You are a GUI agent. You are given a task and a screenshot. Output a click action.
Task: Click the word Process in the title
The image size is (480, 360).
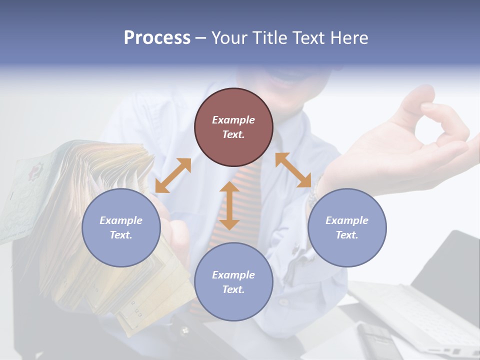click(x=157, y=38)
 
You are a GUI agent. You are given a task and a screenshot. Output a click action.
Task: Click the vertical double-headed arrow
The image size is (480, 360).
click(x=229, y=205)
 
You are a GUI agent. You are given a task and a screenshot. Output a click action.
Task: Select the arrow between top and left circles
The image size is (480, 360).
click(x=173, y=175)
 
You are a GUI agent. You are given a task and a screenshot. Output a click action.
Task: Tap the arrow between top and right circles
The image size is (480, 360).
click(x=293, y=170)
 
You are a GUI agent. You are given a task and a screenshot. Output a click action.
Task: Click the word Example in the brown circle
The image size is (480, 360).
click(x=233, y=120)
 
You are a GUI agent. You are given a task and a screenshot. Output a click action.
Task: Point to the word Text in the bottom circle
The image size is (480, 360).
click(x=233, y=289)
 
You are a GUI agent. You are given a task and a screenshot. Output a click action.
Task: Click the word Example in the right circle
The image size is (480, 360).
click(x=346, y=220)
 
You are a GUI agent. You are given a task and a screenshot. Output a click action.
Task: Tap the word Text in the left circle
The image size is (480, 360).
click(x=121, y=235)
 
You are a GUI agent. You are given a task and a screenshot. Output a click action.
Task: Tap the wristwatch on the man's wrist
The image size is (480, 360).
click(x=314, y=195)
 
